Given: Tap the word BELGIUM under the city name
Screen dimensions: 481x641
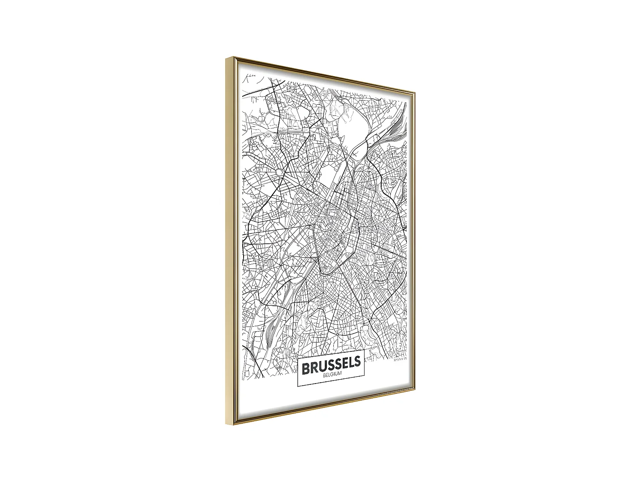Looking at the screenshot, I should tap(332, 375).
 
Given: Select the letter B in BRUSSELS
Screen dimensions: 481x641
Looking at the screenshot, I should tap(306, 368).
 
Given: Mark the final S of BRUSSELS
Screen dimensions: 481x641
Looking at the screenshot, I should tap(358, 363).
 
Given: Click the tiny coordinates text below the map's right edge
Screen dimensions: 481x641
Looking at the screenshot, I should tap(401, 360).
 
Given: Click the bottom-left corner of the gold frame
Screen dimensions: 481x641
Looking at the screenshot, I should tap(226, 424).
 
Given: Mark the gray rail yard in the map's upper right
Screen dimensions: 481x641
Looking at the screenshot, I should tap(396, 129).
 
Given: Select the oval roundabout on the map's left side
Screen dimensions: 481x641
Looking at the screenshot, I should tap(279, 172).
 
